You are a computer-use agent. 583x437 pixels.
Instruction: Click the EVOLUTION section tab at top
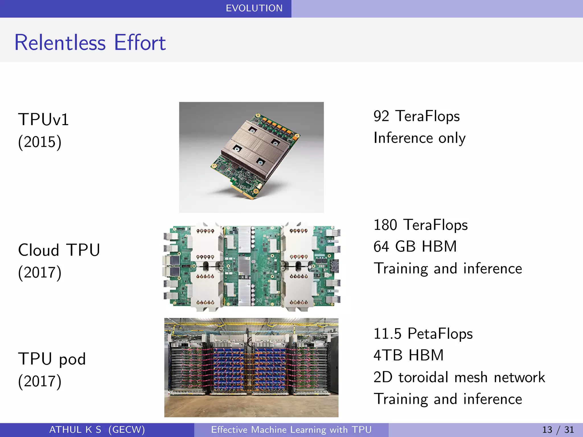(x=254, y=8)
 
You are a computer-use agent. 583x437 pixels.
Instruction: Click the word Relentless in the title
(x=60, y=43)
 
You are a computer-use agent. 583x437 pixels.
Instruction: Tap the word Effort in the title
(x=140, y=43)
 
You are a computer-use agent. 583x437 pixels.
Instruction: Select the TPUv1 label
(x=44, y=119)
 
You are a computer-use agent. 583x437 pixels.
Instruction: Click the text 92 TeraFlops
(x=416, y=116)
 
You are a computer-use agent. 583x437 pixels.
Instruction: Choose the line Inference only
(x=419, y=138)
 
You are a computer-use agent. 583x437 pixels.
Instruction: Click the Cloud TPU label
(x=59, y=250)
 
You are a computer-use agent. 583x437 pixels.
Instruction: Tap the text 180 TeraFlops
(x=420, y=225)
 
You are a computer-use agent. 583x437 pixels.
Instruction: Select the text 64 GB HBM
(x=415, y=246)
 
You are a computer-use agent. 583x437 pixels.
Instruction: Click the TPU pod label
(x=52, y=359)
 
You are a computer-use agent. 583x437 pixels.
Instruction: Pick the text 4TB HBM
(x=408, y=355)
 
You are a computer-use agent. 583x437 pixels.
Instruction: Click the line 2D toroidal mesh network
(x=459, y=377)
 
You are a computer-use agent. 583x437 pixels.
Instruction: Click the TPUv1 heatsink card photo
(x=251, y=157)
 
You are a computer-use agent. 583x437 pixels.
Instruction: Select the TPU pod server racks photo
(x=251, y=367)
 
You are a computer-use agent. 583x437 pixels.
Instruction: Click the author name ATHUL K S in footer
(x=75, y=430)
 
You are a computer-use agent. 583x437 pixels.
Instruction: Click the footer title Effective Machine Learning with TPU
(x=291, y=430)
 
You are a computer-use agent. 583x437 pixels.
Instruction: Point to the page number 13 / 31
(x=558, y=430)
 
